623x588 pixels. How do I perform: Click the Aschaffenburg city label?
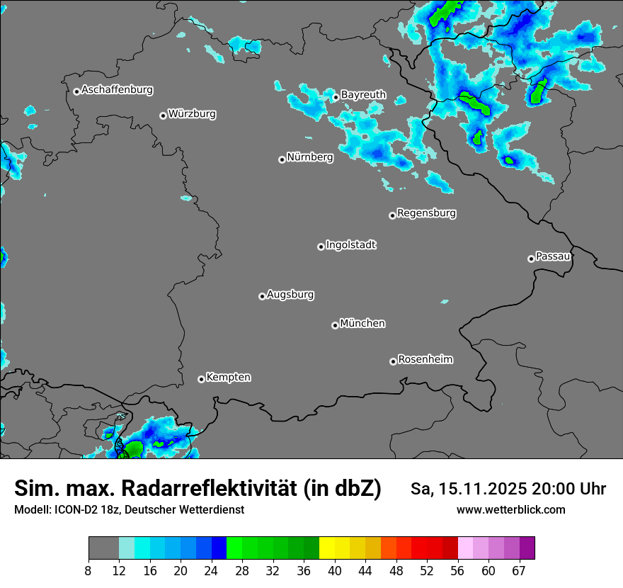117,90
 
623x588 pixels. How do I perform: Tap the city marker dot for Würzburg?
163,115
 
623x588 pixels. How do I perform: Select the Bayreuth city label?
363,94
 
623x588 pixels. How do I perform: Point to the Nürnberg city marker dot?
282,159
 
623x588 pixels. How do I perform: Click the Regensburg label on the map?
426,213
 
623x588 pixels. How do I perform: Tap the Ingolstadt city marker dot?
321,247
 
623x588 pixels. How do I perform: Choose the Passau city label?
553,256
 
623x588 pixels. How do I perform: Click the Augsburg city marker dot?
262,296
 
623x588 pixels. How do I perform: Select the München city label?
362,323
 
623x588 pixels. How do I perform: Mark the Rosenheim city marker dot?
393,361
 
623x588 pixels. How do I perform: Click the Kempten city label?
228,377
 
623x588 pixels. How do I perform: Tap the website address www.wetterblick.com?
510,509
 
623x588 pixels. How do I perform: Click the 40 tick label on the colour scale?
335,571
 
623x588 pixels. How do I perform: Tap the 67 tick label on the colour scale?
519,571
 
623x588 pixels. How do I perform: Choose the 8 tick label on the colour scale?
88,571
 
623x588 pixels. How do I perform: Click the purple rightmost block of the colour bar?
527,548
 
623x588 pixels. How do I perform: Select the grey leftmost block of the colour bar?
103,548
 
